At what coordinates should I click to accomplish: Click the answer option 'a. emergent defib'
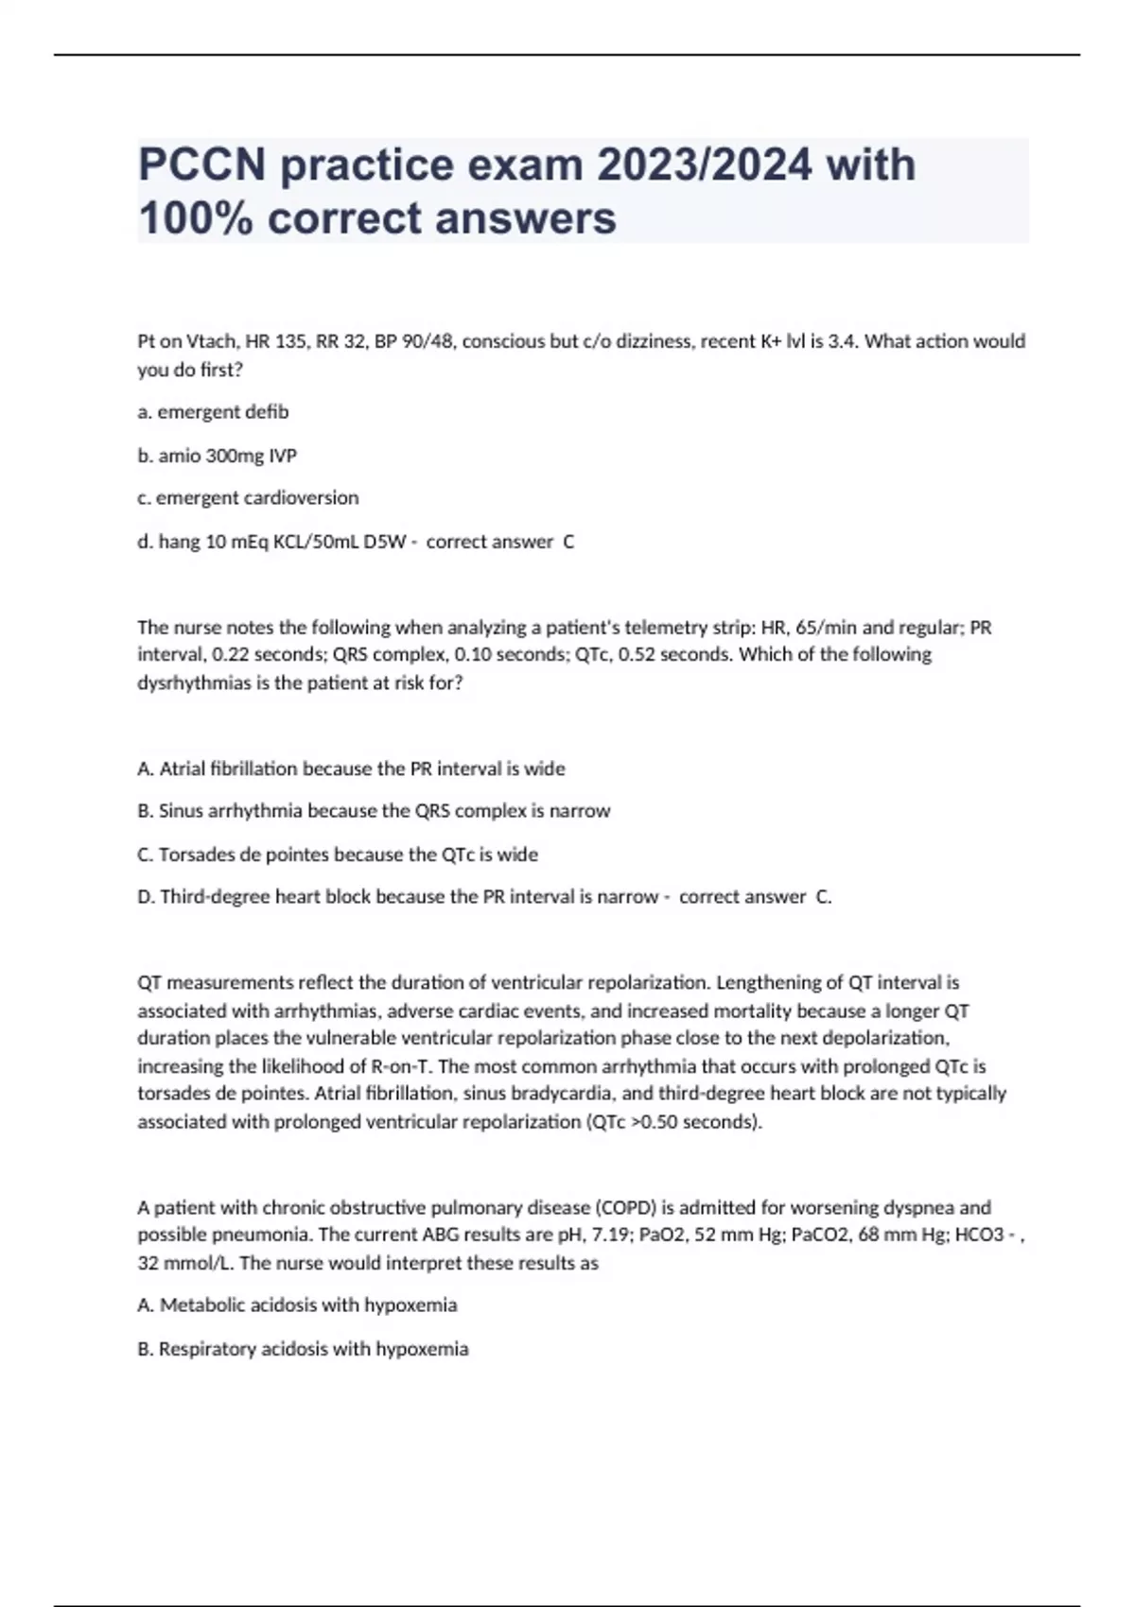pyautogui.click(x=213, y=412)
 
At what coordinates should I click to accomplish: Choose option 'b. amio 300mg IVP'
pyautogui.click(x=217, y=456)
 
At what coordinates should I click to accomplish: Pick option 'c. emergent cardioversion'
pyautogui.click(x=248, y=498)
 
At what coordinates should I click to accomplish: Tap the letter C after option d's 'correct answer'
pyautogui.click(x=568, y=542)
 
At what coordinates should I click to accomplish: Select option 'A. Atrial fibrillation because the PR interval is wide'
pyautogui.click(x=351, y=769)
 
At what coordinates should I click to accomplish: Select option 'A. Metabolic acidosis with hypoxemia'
pyautogui.click(x=297, y=1305)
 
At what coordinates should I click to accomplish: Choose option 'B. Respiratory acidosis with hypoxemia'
pyautogui.click(x=303, y=1349)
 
